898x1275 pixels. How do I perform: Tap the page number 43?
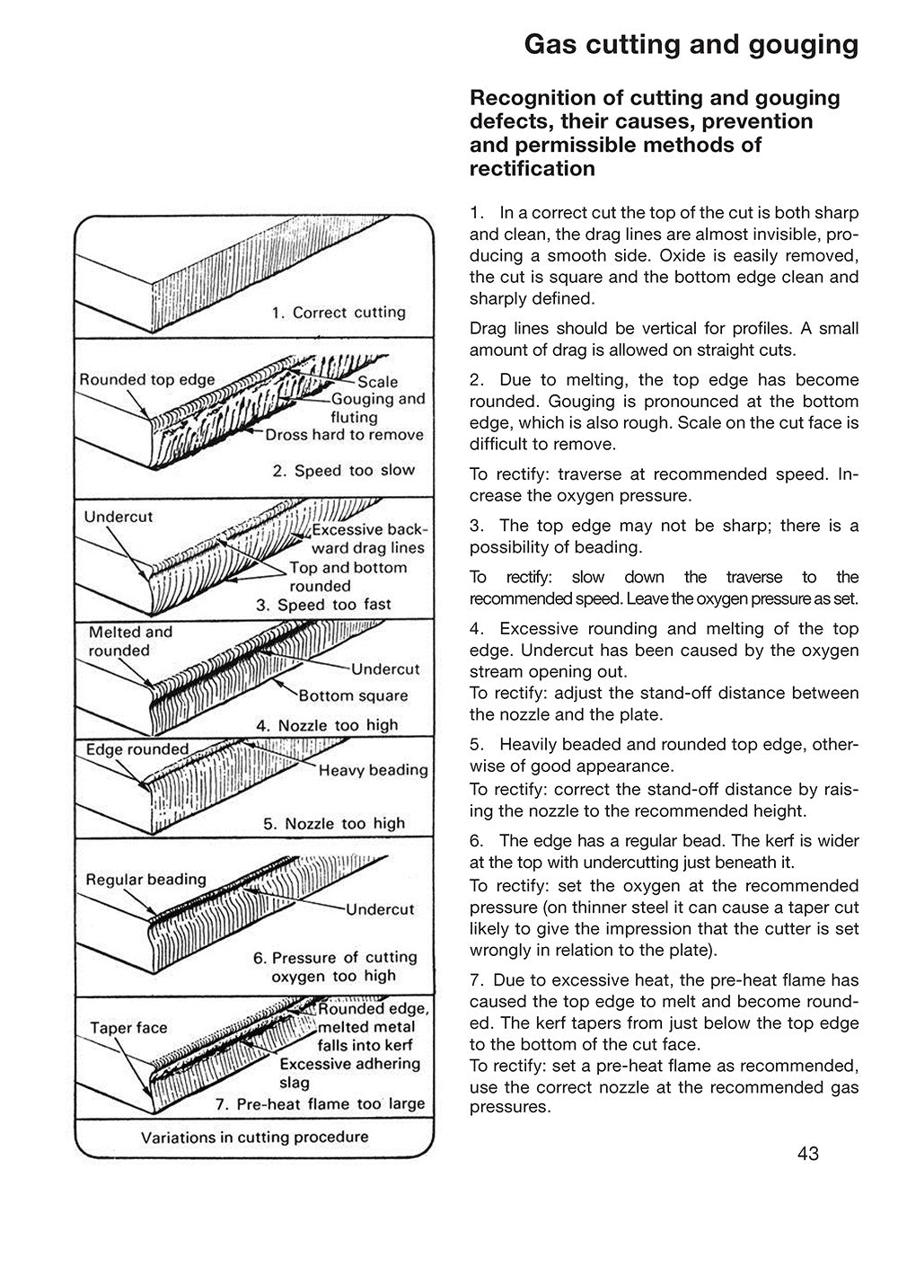click(x=806, y=1155)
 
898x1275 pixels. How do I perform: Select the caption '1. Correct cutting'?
click(x=339, y=313)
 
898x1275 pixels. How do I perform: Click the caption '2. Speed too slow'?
click(x=344, y=471)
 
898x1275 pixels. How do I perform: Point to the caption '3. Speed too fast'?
click(x=323, y=605)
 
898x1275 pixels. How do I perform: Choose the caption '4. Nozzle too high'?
click(x=327, y=725)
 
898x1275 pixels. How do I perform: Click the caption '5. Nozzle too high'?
click(x=333, y=823)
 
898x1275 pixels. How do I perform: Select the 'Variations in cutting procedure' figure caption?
click(x=254, y=1137)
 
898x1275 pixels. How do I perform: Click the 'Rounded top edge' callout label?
click(x=147, y=379)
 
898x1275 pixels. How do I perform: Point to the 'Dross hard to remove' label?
click(x=344, y=435)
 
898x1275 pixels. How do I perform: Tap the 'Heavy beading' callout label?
click(x=374, y=770)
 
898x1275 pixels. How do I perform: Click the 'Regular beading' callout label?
click(x=145, y=879)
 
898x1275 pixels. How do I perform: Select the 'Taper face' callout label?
click(x=128, y=1027)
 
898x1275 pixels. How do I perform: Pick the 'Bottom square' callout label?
click(x=353, y=695)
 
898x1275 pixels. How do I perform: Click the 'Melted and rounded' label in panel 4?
click(x=129, y=642)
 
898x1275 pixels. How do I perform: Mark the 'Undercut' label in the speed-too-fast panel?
click(x=119, y=517)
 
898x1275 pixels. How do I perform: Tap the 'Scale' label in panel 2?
click(x=377, y=382)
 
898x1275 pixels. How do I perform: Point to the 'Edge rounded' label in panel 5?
click(x=137, y=749)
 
